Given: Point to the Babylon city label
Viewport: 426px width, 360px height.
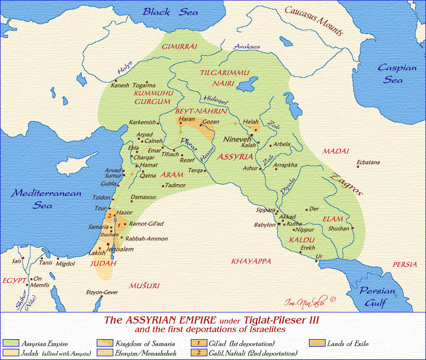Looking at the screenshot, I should pyautogui.click(x=264, y=225).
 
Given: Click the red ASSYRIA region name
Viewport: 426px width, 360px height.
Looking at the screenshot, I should pyautogui.click(x=236, y=158).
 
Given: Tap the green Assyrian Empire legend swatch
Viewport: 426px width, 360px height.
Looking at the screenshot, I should pyautogui.click(x=10, y=343).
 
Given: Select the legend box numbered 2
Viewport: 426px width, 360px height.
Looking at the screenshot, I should pyautogui.click(x=198, y=353).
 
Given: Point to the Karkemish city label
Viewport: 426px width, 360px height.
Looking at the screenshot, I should pyautogui.click(x=143, y=122).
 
